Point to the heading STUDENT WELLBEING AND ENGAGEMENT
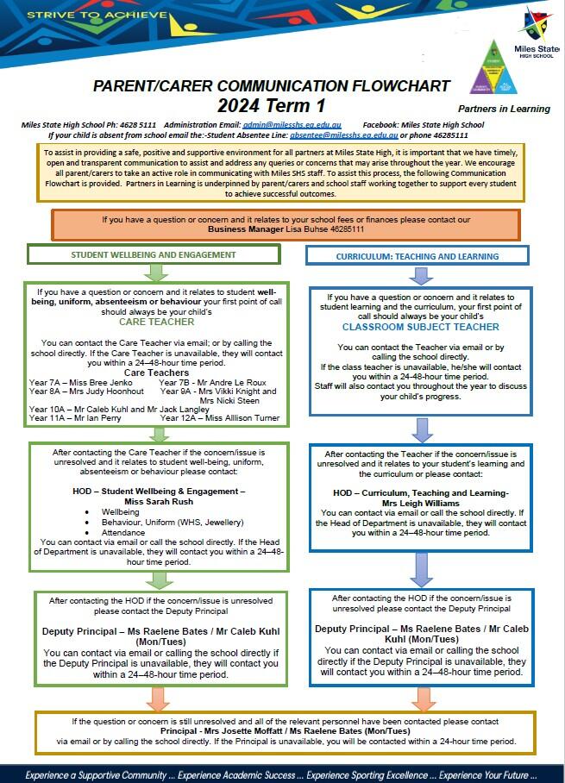[x=154, y=254]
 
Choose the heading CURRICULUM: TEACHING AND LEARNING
[x=417, y=256]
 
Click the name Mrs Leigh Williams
[x=420, y=502]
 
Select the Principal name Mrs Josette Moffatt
[x=267, y=731]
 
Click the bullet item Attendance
[x=125, y=533]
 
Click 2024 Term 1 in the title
[x=271, y=107]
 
